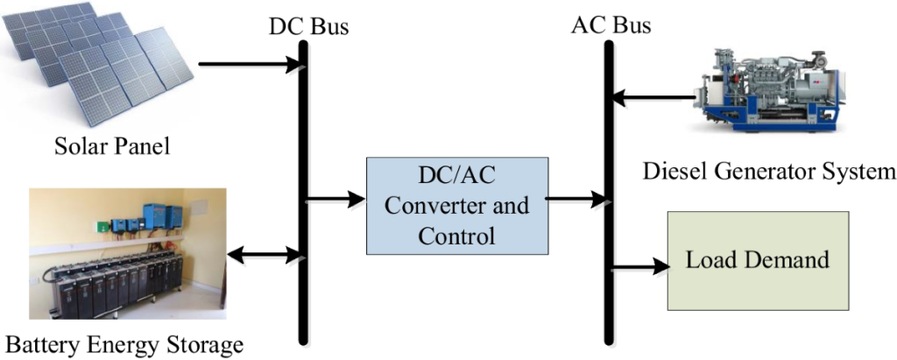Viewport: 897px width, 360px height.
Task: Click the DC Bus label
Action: tap(308, 25)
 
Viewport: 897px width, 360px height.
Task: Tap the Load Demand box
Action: tap(758, 260)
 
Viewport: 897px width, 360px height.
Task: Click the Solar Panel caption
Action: tap(110, 145)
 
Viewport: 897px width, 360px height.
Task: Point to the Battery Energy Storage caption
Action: tap(122, 344)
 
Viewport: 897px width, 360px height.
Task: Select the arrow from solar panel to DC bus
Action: tap(250, 65)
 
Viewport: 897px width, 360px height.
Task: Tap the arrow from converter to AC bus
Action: tap(574, 199)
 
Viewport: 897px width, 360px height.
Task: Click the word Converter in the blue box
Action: tap(457, 208)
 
